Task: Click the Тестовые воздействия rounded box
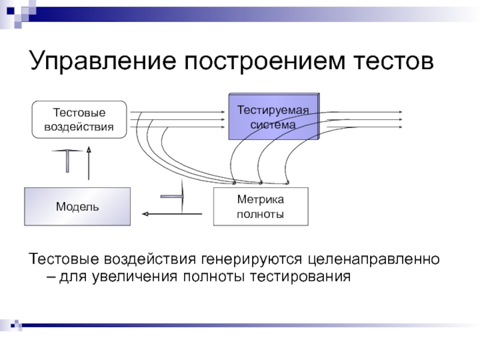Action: click(x=79, y=119)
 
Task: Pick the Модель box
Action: click(x=77, y=206)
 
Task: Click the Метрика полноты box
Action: click(x=260, y=206)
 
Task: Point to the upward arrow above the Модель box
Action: click(x=88, y=162)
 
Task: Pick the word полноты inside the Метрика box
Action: click(x=260, y=214)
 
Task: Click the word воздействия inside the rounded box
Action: click(x=79, y=127)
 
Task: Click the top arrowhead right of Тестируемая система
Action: click(x=400, y=112)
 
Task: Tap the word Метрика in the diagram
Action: click(x=260, y=200)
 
